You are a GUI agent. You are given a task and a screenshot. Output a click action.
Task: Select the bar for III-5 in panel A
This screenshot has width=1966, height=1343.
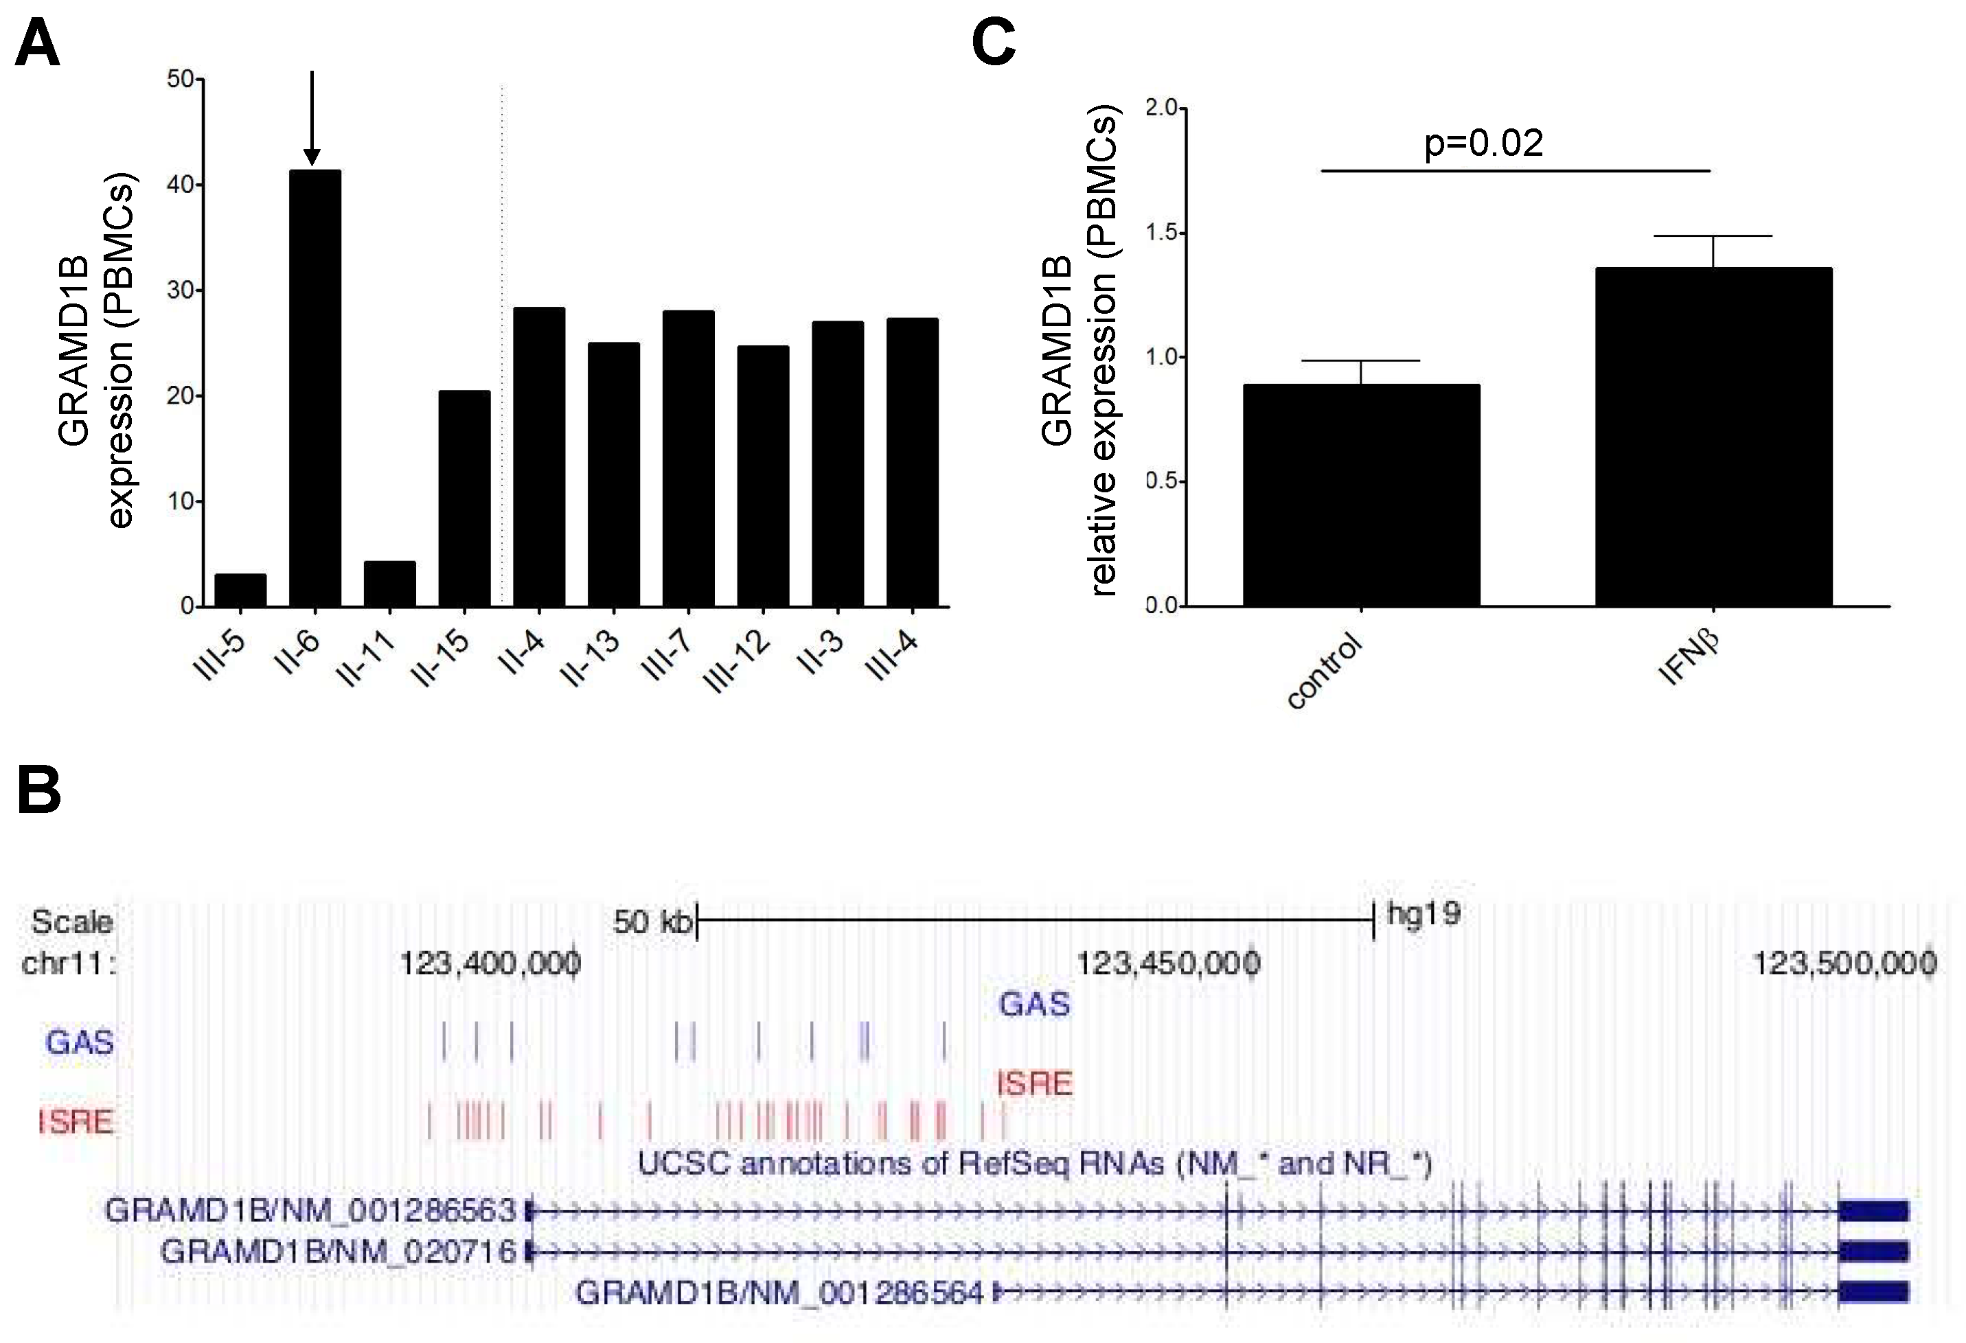coord(240,590)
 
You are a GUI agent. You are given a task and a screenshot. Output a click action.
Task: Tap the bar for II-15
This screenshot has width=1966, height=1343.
coord(464,499)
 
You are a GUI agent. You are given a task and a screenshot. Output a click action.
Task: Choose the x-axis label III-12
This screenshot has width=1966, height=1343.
coord(738,661)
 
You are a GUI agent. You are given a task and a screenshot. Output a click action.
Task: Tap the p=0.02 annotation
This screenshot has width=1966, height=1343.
coord(1483,142)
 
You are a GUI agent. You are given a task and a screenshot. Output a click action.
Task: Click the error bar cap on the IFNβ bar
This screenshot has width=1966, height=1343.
coord(1713,236)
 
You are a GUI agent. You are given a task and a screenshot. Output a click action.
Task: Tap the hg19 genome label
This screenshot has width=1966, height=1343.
coord(1424,913)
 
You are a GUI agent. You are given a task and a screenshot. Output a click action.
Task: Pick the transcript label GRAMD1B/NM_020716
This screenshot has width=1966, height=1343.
coord(338,1251)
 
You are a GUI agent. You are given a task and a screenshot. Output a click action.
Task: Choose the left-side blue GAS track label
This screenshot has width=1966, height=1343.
coord(80,1042)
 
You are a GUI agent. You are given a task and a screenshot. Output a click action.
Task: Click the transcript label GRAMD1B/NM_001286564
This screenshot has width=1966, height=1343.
coord(779,1292)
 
